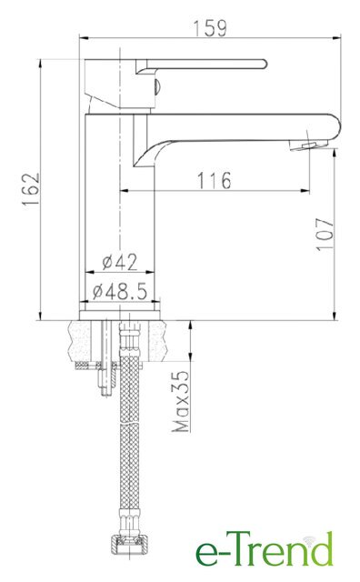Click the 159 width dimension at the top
pyautogui.click(x=210, y=28)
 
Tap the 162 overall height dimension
pyautogui.click(x=30, y=189)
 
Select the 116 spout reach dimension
pyautogui.click(x=214, y=180)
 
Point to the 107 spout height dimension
pyautogui.click(x=325, y=235)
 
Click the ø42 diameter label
pyautogui.click(x=119, y=262)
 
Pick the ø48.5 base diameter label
pyautogui.click(x=120, y=291)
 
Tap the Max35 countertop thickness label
pyautogui.click(x=181, y=401)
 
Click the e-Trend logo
pyautogui.click(x=265, y=549)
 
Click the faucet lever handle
pyautogui.click(x=201, y=65)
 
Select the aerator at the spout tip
pyautogui.click(x=309, y=145)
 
